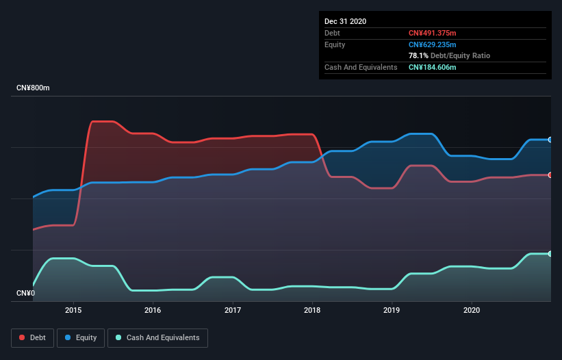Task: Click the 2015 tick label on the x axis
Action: pos(73,310)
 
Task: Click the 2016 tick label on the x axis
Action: pos(153,310)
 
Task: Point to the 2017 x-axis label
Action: pos(233,310)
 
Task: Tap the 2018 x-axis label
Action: pos(312,310)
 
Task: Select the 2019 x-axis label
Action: pos(392,310)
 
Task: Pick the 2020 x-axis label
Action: pos(471,310)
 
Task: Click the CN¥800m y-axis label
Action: pos(33,88)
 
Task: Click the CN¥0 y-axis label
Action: pos(25,294)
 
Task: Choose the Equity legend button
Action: pos(81,337)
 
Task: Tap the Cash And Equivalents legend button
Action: pos(157,337)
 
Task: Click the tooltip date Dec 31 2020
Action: pos(345,21)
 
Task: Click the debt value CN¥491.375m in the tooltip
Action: pos(432,33)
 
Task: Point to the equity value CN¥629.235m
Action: pos(432,44)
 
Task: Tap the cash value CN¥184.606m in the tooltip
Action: pos(432,67)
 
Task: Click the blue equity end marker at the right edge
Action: pos(550,140)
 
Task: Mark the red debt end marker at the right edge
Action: pos(550,175)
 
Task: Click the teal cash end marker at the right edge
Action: pos(550,254)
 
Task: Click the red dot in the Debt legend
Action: pos(23,337)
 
